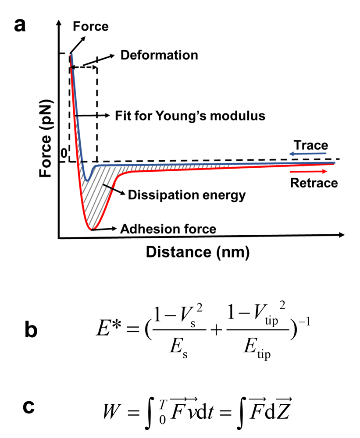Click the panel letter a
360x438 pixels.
coord(20,25)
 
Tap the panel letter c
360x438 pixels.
coord(30,408)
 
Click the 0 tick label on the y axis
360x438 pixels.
coord(64,154)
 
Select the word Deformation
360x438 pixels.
coord(159,56)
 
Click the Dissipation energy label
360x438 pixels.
coord(186,195)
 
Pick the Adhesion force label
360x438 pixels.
coord(168,229)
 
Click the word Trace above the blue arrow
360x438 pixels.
coord(311,145)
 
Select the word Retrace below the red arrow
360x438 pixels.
coord(314,183)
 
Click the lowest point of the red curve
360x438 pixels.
coord(90,229)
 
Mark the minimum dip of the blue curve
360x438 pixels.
coord(87,180)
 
